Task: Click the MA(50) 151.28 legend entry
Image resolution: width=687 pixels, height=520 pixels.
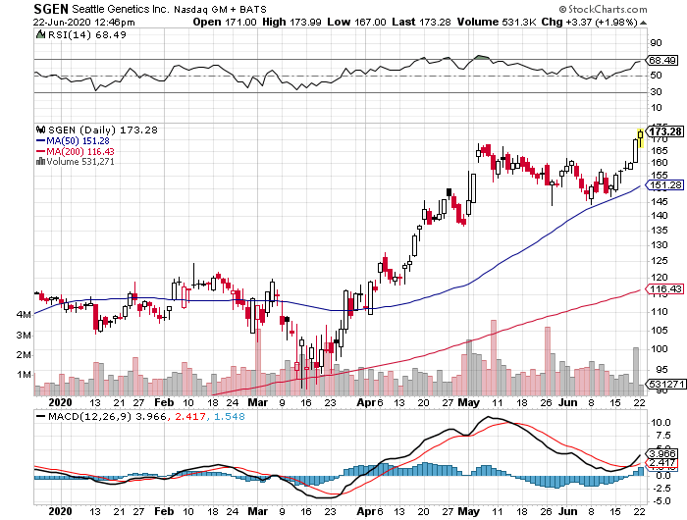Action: [x=74, y=140]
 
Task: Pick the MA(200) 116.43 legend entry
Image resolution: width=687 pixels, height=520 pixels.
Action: [x=76, y=151]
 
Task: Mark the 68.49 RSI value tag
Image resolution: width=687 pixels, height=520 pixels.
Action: [x=664, y=59]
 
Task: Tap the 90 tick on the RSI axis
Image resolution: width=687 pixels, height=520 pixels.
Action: [x=654, y=43]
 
